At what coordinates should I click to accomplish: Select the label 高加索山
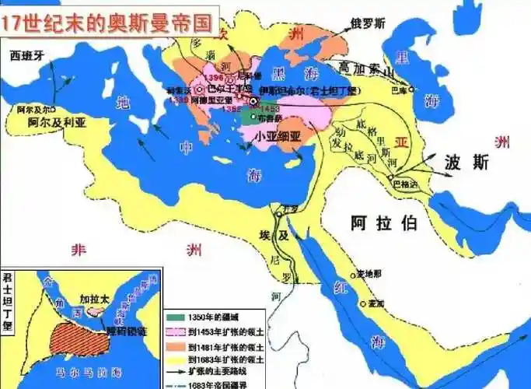coord(372,68)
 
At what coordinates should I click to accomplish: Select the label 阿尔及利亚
coord(56,123)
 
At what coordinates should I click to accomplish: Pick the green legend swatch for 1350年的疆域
coord(178,317)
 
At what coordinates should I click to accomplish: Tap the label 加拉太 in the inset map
coord(96,298)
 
